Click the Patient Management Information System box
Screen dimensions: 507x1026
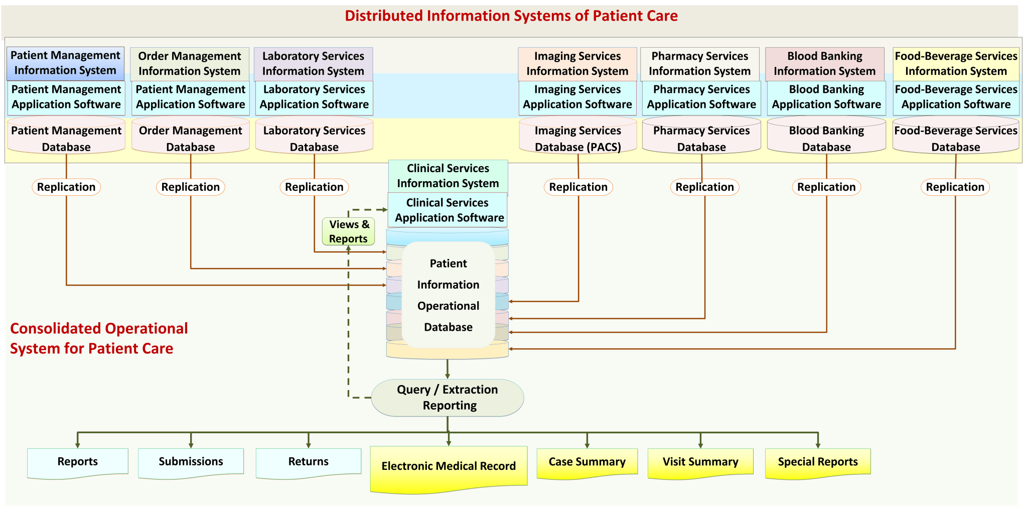click(65, 63)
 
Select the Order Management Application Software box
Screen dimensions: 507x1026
click(190, 97)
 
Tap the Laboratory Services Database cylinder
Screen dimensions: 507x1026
click(314, 138)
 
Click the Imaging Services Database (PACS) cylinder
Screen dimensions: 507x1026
click(577, 138)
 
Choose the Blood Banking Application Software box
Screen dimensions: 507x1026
click(826, 97)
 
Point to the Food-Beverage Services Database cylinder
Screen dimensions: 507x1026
click(955, 138)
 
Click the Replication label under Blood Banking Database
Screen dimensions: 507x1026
click(826, 187)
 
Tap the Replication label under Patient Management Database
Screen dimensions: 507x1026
click(66, 187)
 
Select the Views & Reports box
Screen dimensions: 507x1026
click(349, 231)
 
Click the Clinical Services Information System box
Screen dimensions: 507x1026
click(448, 176)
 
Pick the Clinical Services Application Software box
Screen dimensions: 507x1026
click(448, 210)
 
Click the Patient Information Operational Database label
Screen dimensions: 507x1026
click(448, 295)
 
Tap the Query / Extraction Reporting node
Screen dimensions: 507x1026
click(447, 398)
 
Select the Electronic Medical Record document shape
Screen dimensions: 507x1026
click(448, 466)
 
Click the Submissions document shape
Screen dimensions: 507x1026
click(191, 461)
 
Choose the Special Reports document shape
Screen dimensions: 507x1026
click(817, 462)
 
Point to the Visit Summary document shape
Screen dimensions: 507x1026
click(700, 462)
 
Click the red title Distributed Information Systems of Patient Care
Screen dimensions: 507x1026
click(511, 16)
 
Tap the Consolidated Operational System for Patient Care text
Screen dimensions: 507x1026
click(99, 338)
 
